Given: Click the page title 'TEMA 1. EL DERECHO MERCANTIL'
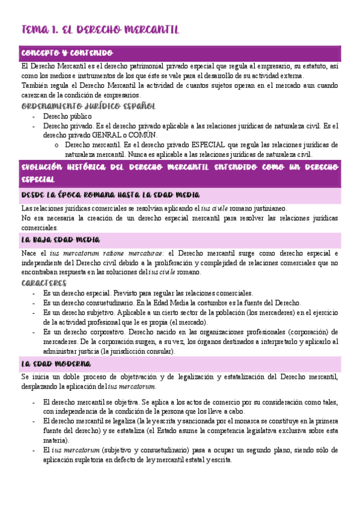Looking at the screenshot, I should coord(100,29).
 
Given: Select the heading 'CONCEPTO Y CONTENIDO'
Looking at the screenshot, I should coord(67,53).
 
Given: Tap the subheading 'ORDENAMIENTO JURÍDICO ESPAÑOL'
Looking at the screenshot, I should coord(88,106).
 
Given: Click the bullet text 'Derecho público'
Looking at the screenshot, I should coord(67,116).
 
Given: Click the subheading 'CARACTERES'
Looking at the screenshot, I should coord(44,282).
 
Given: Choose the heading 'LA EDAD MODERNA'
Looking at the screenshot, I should coord(56,364).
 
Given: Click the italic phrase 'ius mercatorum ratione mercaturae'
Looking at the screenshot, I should coord(114,253).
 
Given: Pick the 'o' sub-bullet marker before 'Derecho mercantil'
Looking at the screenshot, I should coord(56,145).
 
